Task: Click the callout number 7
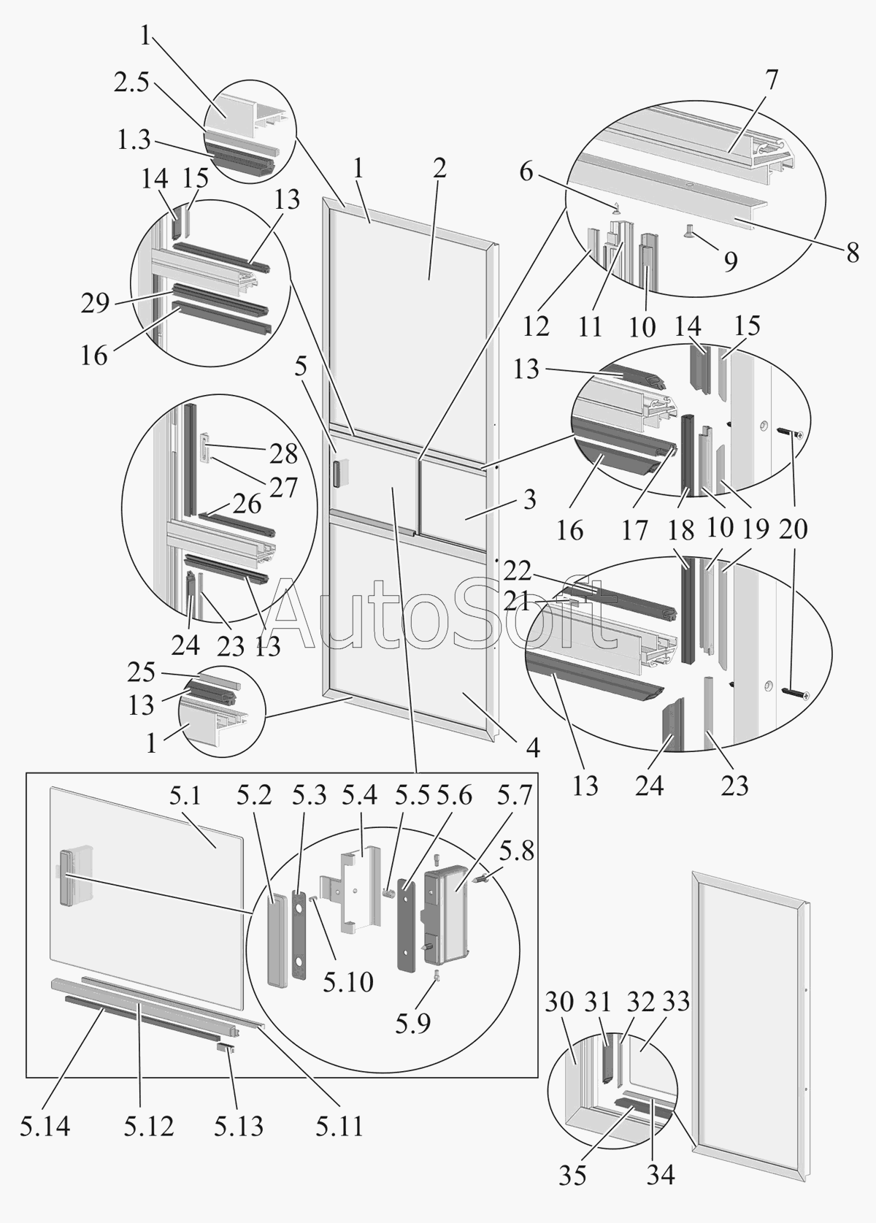[772, 78]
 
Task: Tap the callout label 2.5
[131, 83]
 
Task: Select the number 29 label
[95, 302]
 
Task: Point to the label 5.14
[45, 1126]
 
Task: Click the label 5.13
[239, 1126]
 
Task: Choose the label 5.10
[348, 981]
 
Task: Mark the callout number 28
[283, 453]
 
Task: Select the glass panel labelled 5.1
[146, 898]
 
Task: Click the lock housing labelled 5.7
[447, 909]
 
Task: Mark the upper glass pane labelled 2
[409, 307]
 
